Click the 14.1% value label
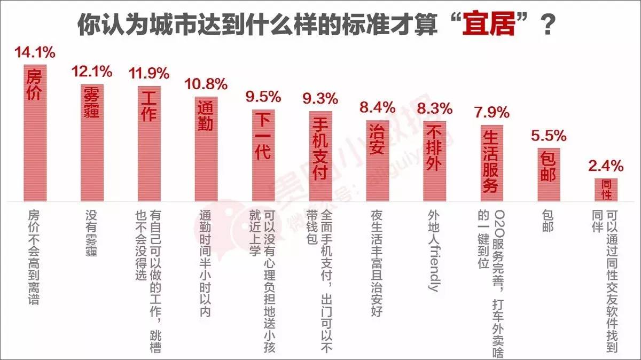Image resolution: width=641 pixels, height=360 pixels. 35,53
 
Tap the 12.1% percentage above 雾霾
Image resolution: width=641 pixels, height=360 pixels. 92,71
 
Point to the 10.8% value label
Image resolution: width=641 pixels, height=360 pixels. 206,84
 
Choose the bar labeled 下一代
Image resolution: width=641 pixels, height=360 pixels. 263,155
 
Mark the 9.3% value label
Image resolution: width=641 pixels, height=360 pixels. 320,98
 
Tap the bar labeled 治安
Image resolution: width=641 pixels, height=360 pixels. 378,160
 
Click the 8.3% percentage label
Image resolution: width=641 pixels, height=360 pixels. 435,108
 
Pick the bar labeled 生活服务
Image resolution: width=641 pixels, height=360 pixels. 491,163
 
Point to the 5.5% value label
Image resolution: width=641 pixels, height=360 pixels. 549,135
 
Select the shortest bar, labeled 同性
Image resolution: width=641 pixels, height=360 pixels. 606,190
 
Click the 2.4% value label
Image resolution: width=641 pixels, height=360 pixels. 606,165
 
